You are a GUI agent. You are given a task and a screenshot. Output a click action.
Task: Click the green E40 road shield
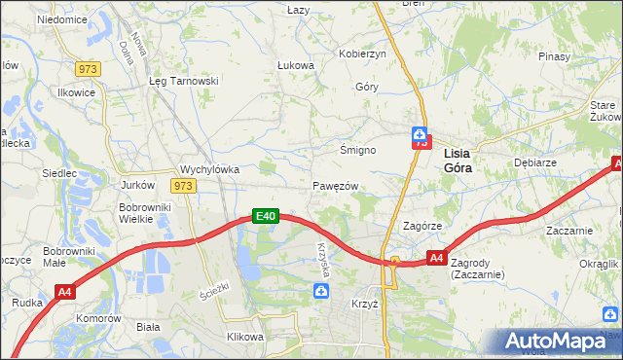click(x=267, y=216)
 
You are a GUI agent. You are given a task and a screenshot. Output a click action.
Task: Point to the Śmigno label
click(x=357, y=151)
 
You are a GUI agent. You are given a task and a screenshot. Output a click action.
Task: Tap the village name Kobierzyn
click(x=362, y=54)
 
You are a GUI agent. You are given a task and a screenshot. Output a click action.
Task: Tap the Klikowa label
click(x=245, y=337)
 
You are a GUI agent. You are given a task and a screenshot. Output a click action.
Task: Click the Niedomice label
click(x=61, y=19)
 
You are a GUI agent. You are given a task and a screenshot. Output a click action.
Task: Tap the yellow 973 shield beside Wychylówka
click(x=183, y=185)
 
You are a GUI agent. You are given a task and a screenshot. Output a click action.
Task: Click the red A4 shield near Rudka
click(x=65, y=291)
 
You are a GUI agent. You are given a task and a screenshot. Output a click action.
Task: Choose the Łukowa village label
click(x=295, y=65)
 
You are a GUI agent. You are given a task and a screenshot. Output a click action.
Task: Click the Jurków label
click(x=137, y=185)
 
